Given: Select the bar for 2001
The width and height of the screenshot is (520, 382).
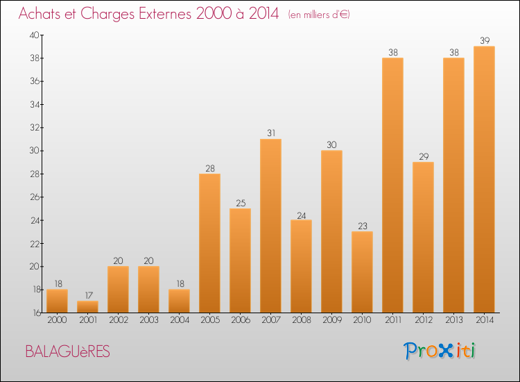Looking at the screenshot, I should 87,306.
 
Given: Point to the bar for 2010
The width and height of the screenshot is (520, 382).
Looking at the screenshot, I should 362,272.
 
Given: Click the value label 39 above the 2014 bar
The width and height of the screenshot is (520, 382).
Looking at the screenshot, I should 484,40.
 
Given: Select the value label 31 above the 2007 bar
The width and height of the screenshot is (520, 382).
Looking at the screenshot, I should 270,133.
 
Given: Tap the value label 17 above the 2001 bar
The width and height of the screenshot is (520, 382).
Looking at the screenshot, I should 87,295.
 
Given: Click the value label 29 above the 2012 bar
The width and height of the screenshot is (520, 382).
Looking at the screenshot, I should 423,156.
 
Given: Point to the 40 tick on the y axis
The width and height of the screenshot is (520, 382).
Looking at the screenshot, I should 34,35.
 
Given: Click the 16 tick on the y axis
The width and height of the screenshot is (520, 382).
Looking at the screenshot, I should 34,313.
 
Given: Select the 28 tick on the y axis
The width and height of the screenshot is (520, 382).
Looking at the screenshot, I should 34,174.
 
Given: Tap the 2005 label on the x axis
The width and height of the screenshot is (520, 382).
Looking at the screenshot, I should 209,321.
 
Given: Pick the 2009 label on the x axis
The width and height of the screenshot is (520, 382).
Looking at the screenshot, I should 331,321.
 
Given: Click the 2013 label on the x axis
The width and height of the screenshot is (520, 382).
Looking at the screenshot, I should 453,321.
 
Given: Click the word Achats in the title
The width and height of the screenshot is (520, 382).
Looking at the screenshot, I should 42,14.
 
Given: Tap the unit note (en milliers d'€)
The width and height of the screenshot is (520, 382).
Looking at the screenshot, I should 319,15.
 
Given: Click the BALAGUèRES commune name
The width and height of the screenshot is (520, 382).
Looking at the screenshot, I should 67,351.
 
